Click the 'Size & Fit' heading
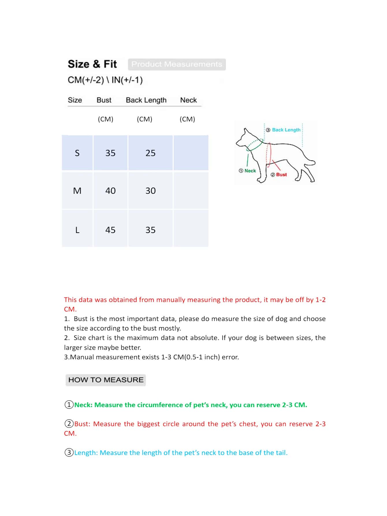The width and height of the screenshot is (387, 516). click(x=92, y=64)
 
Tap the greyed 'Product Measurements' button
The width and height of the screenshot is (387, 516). click(x=177, y=64)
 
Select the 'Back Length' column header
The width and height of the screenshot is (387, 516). click(x=146, y=100)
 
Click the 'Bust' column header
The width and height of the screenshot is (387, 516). click(x=104, y=100)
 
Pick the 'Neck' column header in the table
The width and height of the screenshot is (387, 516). click(x=188, y=100)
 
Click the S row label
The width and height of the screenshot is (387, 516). click(x=77, y=153)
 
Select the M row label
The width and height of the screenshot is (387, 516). click(x=77, y=191)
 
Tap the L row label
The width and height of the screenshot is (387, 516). click(x=77, y=230)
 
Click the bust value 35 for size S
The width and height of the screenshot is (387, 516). click(x=110, y=153)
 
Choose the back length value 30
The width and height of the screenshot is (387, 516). click(x=150, y=191)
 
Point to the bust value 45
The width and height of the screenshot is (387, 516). click(x=110, y=230)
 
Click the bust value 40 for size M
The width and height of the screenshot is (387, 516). click(x=110, y=191)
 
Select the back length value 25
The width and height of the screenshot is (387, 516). click(x=150, y=153)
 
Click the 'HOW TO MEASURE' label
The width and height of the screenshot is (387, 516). click(x=106, y=380)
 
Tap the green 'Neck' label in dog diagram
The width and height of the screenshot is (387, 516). click(x=250, y=171)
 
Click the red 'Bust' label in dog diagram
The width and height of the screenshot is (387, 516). click(x=281, y=175)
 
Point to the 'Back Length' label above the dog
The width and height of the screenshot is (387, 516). click(x=286, y=130)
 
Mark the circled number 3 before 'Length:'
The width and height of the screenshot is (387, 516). click(x=69, y=452)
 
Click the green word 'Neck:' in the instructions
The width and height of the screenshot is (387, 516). click(x=83, y=405)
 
